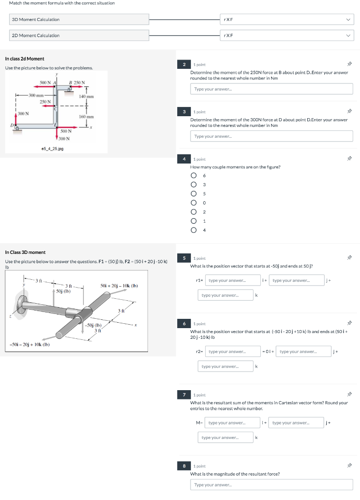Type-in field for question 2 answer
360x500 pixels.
coord(271,89)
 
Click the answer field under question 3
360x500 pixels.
coord(271,136)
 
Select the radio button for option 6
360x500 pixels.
coord(194,176)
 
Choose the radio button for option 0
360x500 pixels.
coord(194,203)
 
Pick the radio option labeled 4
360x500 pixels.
coord(194,230)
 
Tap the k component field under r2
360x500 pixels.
coord(226,366)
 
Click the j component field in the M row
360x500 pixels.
coord(296,423)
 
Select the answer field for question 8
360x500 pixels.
coord(271,484)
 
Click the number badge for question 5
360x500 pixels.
coord(184,258)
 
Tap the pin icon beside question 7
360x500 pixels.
coord(349,395)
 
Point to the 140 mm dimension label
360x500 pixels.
coord(86,97)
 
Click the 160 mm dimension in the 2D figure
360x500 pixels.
coord(86,117)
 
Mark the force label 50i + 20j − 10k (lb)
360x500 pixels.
coord(119,285)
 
